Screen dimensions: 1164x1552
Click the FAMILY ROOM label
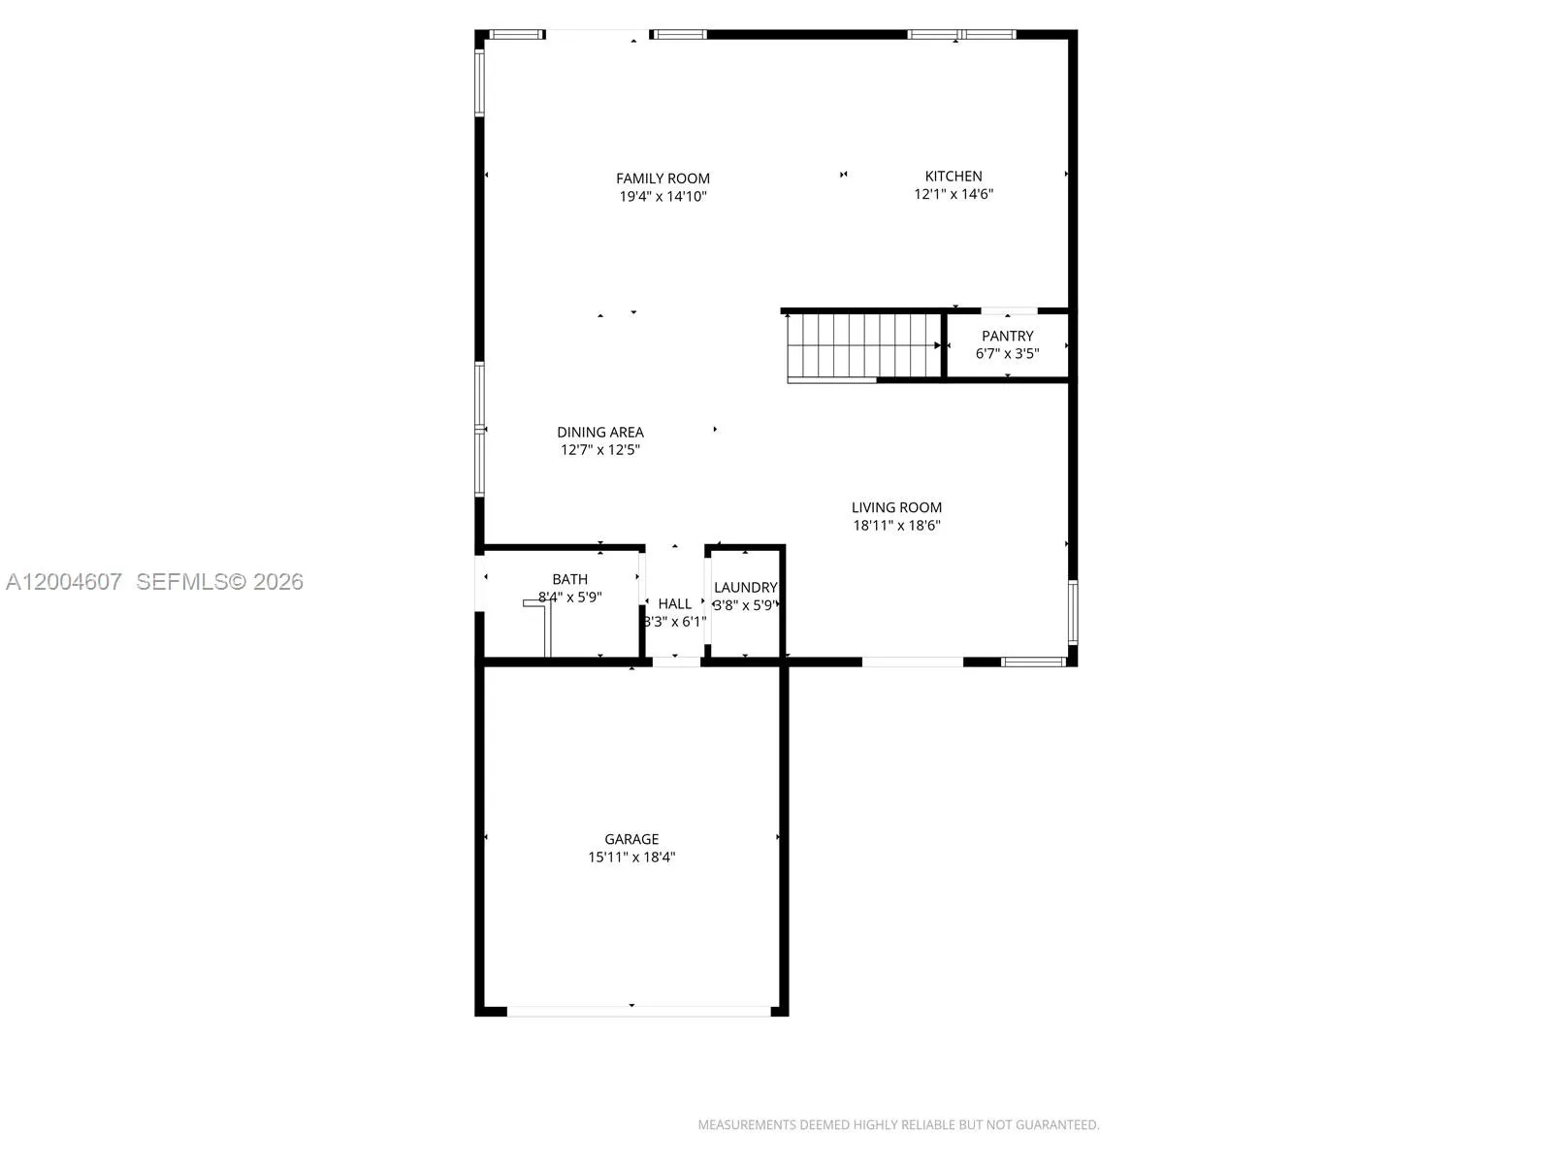(663, 178)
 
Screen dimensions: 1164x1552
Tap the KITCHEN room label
(954, 176)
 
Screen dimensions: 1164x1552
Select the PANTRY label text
(1007, 336)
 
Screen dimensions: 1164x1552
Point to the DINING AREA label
(599, 432)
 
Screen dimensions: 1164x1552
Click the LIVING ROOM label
(896, 507)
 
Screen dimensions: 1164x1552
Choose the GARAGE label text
(631, 839)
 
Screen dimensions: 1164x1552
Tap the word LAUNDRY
(745, 587)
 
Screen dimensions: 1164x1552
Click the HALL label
(674, 603)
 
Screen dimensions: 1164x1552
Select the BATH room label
(569, 579)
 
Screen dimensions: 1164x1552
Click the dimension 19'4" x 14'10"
(663, 197)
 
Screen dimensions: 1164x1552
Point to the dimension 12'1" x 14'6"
(954, 194)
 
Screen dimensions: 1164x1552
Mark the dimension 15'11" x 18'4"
(631, 857)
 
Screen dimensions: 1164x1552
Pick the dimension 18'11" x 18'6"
(896, 526)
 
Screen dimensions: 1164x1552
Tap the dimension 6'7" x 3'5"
(1007, 354)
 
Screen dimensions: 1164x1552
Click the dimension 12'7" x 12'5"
(599, 450)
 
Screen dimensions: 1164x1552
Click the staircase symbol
(861, 345)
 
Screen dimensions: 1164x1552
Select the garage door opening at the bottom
(638, 1011)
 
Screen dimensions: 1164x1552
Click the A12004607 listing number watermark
(64, 581)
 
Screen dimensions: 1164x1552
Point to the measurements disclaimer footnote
(898, 1124)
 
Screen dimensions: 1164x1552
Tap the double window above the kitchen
(961, 35)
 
